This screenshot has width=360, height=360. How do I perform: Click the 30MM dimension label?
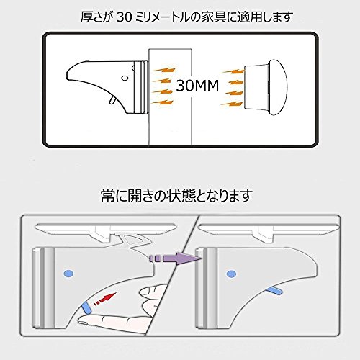click(x=197, y=86)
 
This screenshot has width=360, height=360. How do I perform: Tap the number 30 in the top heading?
click(x=124, y=17)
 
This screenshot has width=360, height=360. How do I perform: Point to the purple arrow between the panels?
click(x=176, y=258)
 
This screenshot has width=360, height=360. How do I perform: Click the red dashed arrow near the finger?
click(x=105, y=299)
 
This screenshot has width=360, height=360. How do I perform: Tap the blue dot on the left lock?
click(x=68, y=274)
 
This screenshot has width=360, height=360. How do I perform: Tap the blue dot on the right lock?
click(x=231, y=274)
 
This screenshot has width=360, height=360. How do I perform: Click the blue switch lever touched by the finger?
click(x=86, y=308)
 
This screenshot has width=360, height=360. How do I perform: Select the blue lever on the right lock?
click(x=274, y=291)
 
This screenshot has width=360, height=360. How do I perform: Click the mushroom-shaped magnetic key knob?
click(x=266, y=86)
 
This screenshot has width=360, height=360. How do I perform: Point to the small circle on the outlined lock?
click(x=125, y=78)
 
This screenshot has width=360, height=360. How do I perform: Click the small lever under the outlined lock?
click(x=112, y=100)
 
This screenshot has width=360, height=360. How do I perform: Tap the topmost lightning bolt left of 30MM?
click(x=164, y=70)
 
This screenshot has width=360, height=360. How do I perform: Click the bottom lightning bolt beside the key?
click(x=233, y=104)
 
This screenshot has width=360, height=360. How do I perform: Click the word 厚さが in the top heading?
click(x=96, y=17)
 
